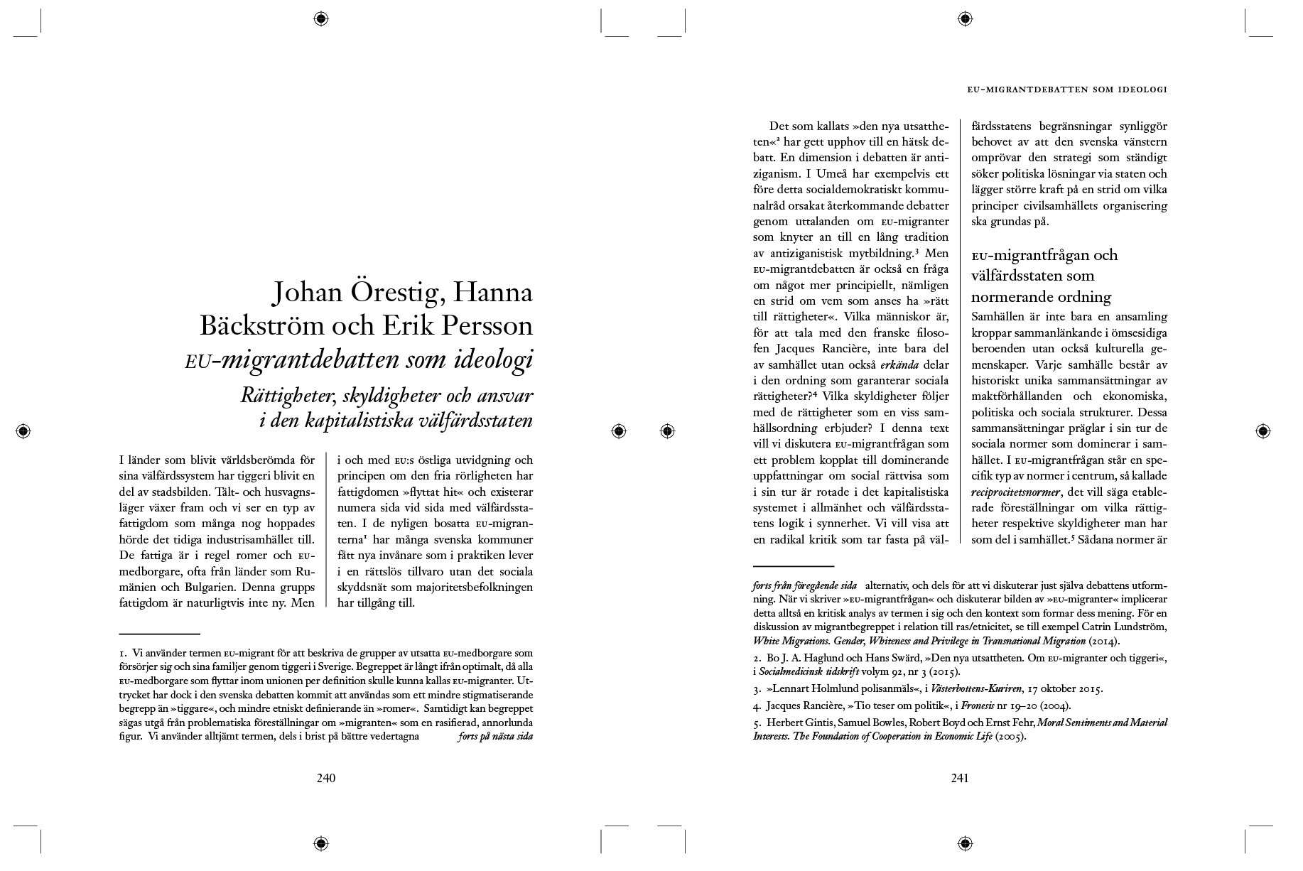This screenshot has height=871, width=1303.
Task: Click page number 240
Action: click(x=325, y=778)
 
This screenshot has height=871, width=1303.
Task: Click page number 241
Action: click(x=959, y=778)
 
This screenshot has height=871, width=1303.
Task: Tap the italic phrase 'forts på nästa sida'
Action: click(x=495, y=737)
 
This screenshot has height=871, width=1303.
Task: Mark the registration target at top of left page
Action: click(x=320, y=18)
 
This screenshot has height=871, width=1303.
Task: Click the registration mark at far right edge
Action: click(x=1263, y=431)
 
